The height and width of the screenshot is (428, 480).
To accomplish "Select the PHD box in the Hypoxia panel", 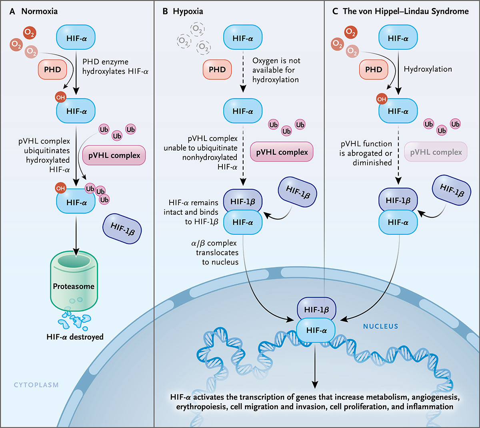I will (x=217, y=69).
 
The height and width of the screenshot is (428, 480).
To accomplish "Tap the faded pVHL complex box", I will (x=436, y=152).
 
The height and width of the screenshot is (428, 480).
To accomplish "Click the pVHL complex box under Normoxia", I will (x=114, y=155).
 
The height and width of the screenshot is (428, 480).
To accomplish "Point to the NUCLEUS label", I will (x=380, y=327).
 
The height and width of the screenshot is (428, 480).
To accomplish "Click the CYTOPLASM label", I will (x=36, y=385).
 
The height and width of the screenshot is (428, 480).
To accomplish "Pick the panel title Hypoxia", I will (x=188, y=12).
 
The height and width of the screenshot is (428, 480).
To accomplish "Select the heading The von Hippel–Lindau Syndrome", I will (x=405, y=12).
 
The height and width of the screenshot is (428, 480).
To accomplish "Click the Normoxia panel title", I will (x=39, y=12).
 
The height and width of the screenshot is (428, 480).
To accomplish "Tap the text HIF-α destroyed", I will (x=75, y=337).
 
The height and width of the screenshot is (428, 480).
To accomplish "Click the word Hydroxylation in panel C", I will (x=428, y=69).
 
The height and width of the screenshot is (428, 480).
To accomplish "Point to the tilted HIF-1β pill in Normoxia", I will (x=122, y=228).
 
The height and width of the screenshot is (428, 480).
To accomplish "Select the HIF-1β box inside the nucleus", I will (x=316, y=309).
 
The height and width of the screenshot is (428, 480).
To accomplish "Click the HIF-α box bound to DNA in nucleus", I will (x=316, y=331).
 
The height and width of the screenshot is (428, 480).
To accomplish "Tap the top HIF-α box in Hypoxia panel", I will (x=242, y=38).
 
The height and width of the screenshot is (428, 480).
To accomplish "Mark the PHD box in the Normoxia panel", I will (x=52, y=69).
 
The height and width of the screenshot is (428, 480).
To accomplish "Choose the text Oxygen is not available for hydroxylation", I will (x=276, y=70).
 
